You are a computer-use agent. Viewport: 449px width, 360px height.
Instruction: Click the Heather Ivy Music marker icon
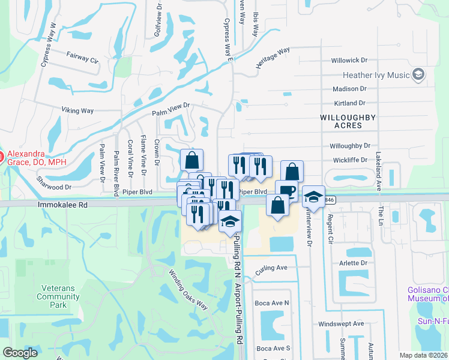[x=419, y=76]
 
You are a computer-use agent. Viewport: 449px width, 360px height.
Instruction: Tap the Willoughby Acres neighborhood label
[x=349, y=121]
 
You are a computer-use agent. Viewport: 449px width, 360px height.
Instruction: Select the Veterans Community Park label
[x=58, y=296]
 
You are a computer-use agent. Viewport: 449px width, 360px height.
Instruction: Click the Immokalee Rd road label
[x=62, y=205]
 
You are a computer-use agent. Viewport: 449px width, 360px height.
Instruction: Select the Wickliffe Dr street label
[x=350, y=160]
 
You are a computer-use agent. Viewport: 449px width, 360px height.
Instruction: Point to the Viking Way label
[x=78, y=110]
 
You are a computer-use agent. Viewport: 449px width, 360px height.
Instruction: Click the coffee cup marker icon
[x=287, y=191]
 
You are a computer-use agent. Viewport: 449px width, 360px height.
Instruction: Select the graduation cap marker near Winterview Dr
[x=313, y=197]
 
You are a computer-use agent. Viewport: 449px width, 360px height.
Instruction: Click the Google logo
[x=20, y=353]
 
